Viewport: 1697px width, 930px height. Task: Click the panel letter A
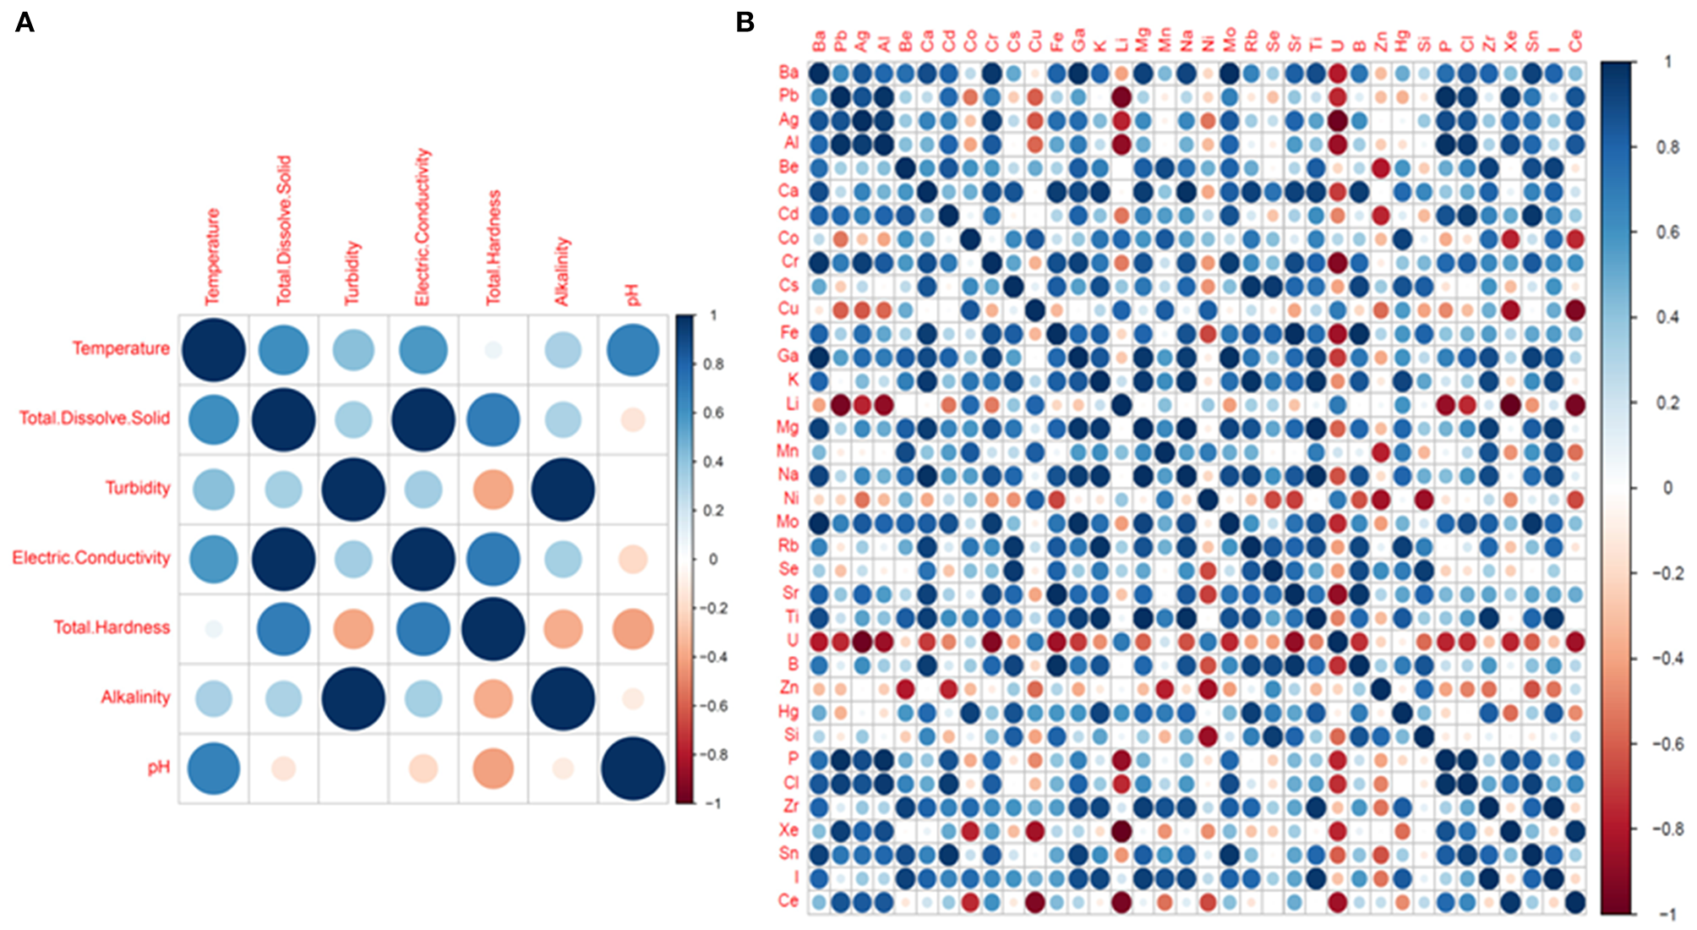tap(25, 22)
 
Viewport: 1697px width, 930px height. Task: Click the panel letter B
tap(745, 22)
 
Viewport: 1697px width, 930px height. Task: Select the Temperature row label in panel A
tap(120, 348)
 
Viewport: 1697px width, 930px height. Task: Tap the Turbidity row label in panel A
tap(137, 488)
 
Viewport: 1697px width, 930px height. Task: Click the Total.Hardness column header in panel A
tap(494, 247)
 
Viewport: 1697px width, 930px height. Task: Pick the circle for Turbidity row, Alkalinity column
tap(563, 489)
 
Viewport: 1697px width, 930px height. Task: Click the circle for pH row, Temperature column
tap(214, 768)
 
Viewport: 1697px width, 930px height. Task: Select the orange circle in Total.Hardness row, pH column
tap(632, 628)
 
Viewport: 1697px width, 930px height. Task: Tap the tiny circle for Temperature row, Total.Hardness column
tap(494, 349)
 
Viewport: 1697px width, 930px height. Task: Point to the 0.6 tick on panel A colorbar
tap(713, 413)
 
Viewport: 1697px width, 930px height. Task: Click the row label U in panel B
tap(792, 641)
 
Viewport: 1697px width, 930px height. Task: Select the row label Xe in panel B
tap(788, 830)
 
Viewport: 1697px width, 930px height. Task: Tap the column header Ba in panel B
tap(819, 41)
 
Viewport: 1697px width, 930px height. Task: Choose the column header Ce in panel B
tap(1574, 41)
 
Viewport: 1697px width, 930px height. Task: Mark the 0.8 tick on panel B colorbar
tap(1667, 147)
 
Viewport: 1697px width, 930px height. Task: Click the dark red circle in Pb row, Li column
tap(1121, 96)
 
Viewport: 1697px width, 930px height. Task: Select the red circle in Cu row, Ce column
tap(1574, 309)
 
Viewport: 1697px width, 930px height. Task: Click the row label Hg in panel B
tap(788, 712)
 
